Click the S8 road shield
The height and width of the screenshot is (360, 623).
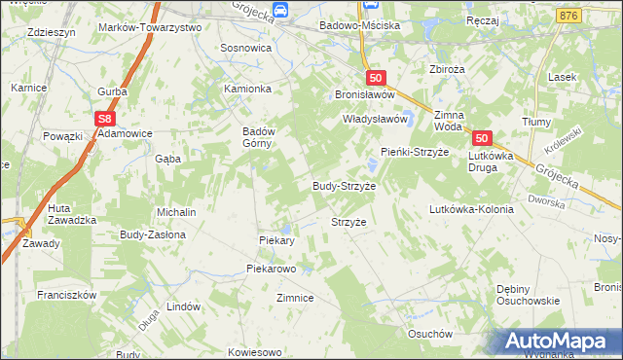point(106,119)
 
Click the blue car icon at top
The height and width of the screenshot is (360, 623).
point(280,10)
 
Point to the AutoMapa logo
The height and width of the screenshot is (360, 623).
point(559,340)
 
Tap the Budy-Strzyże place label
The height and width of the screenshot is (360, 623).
point(344,185)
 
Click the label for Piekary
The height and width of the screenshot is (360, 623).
point(276,240)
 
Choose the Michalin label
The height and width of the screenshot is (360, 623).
point(177,212)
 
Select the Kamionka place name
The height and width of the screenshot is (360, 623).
point(247,89)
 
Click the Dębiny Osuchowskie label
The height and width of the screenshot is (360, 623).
point(527,295)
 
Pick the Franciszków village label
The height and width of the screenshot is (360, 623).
point(65,294)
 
